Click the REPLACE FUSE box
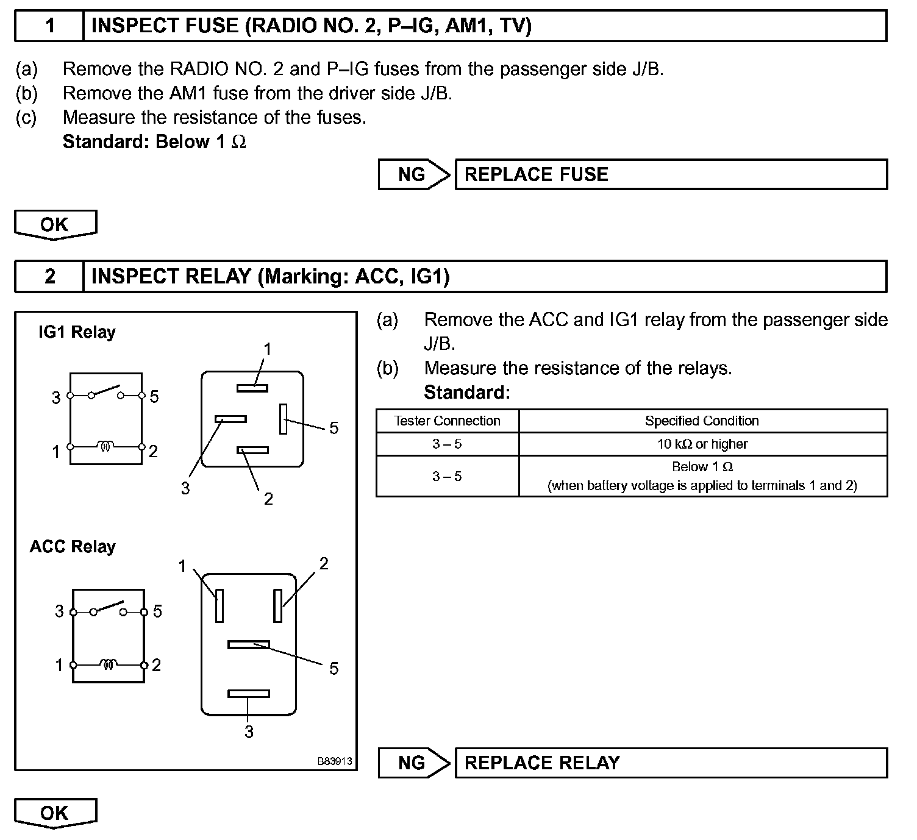(x=671, y=174)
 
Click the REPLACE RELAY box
(x=671, y=763)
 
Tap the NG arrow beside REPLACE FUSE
(x=413, y=174)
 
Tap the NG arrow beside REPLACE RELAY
(x=413, y=763)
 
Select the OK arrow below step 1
(x=55, y=224)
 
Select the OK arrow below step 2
(x=55, y=813)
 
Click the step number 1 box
(x=49, y=26)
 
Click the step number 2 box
(x=49, y=277)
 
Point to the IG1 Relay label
(x=77, y=332)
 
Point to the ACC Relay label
(x=73, y=547)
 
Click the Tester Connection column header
(x=448, y=421)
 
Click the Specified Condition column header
(x=702, y=421)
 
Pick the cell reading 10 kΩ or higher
(x=702, y=444)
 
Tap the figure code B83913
(x=334, y=761)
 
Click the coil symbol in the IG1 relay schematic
(x=105, y=447)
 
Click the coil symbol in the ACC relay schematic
(x=108, y=664)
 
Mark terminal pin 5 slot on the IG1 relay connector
(x=283, y=419)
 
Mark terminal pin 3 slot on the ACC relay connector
(x=249, y=694)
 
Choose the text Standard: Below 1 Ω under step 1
(x=154, y=142)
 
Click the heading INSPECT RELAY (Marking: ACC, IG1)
(x=270, y=277)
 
